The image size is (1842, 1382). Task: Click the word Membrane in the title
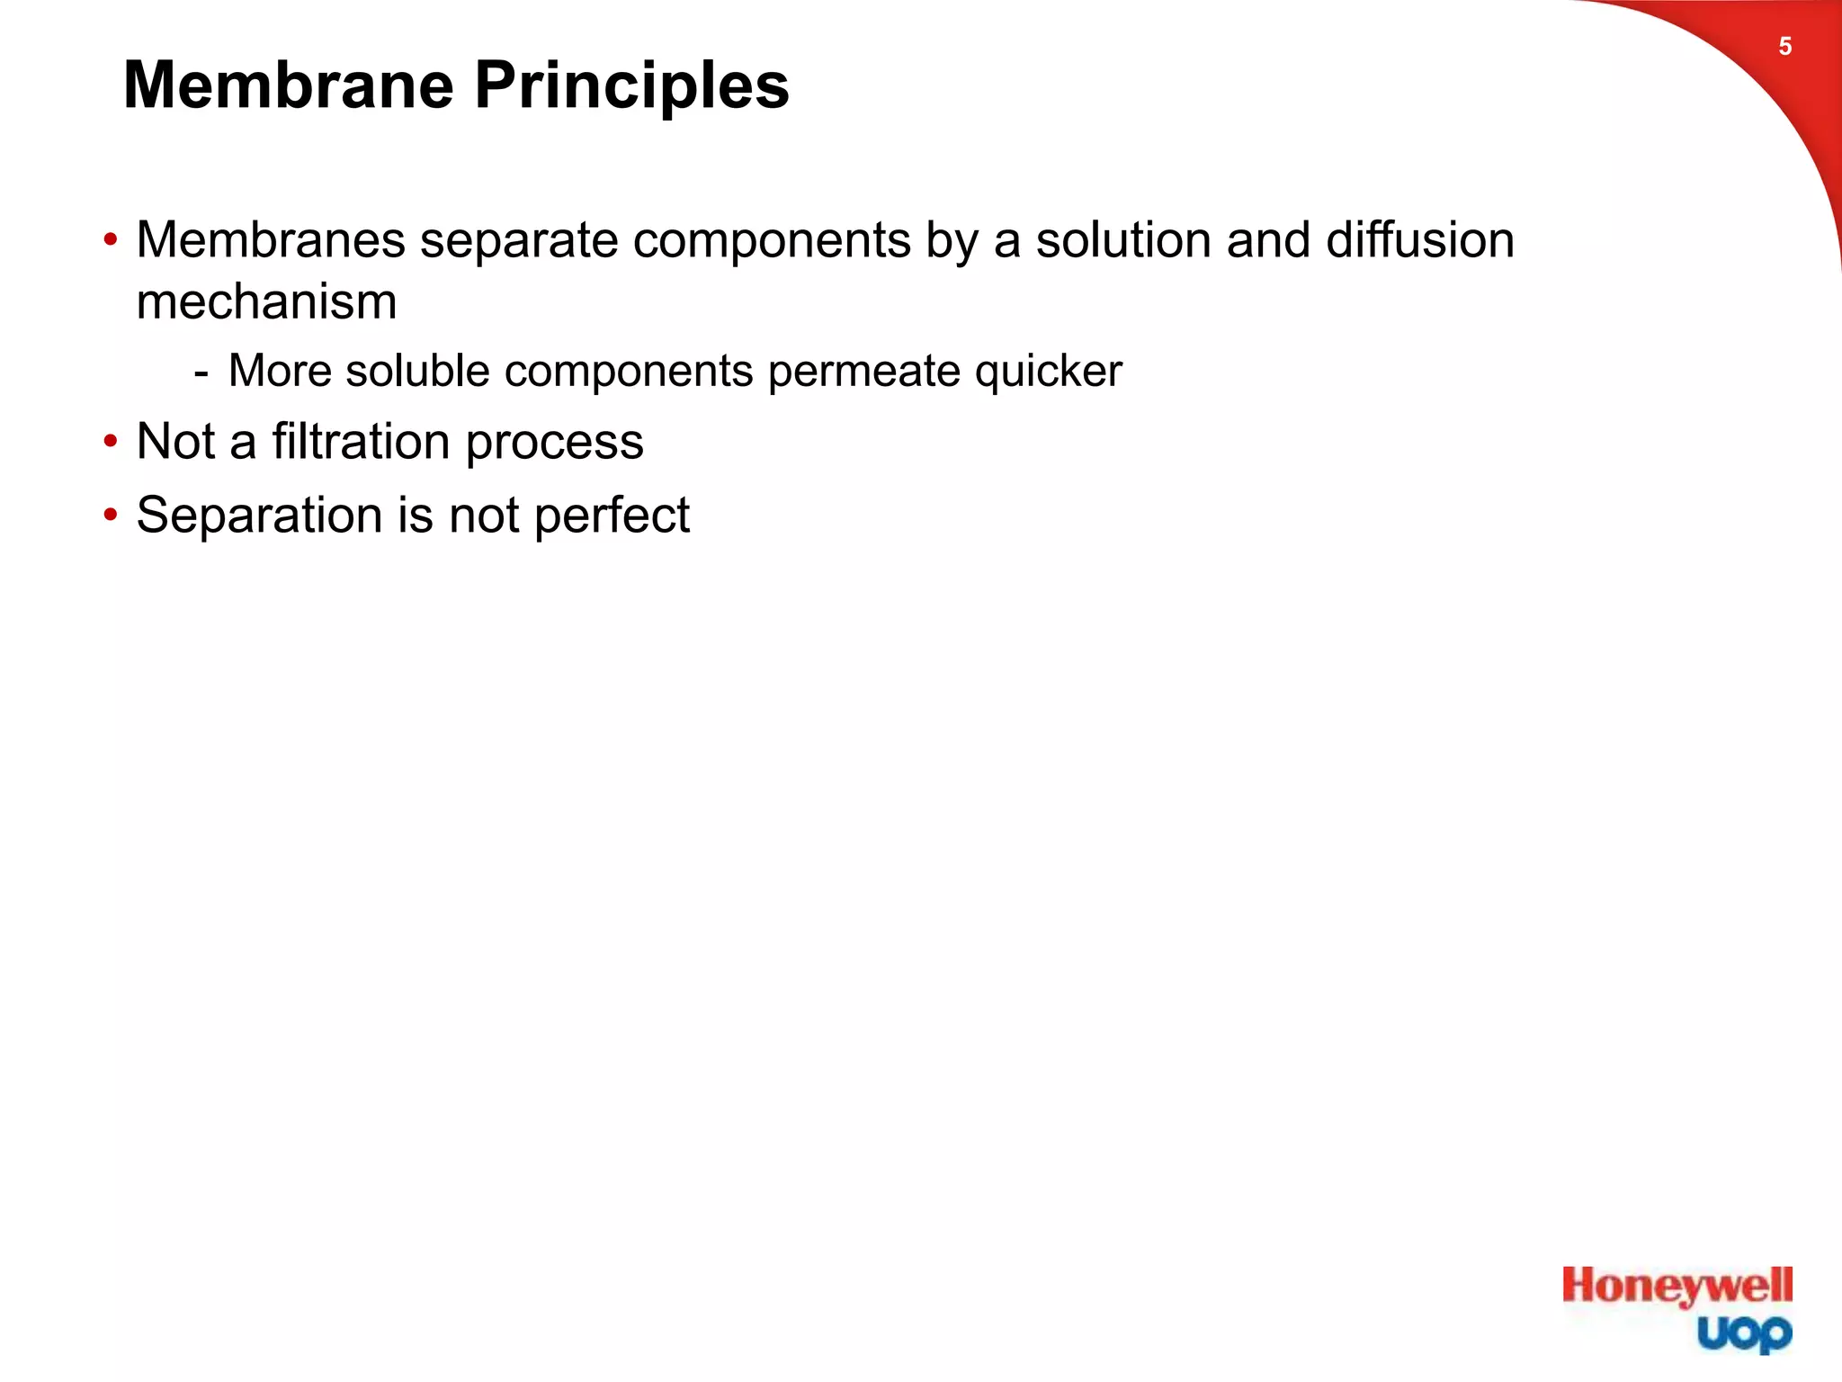tap(288, 86)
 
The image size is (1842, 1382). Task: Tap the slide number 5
tap(1784, 47)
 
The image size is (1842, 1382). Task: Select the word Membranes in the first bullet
tap(271, 240)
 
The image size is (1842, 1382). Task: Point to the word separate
tap(519, 242)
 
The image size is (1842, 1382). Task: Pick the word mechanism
tap(266, 301)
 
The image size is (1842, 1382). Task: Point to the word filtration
tap(361, 442)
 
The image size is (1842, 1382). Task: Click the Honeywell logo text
tap(1677, 1287)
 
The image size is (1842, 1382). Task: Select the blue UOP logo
tap(1744, 1333)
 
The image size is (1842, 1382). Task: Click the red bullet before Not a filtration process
tap(111, 442)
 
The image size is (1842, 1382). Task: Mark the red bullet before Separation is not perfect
tap(111, 516)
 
